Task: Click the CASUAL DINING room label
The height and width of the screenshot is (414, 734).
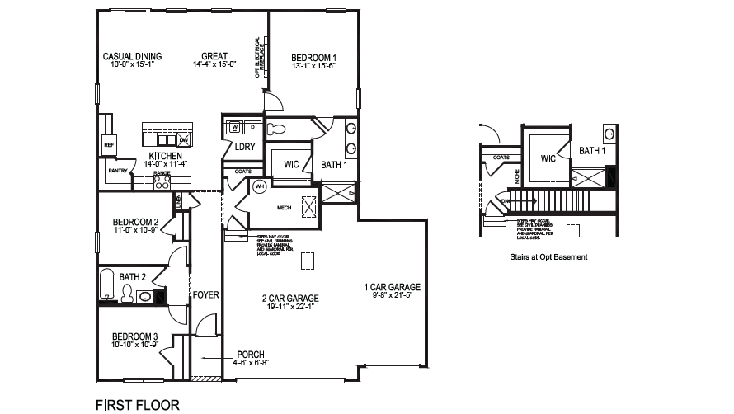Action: [x=132, y=56]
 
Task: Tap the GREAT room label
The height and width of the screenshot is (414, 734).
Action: [x=214, y=56]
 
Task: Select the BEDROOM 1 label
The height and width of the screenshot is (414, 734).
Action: [x=313, y=58]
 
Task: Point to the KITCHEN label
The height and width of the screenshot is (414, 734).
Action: [x=165, y=156]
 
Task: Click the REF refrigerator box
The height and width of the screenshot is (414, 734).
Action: [x=109, y=145]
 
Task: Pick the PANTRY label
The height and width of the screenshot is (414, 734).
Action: [x=116, y=171]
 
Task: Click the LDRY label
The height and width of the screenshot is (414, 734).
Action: [x=244, y=147]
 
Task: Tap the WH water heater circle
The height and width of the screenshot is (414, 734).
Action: [x=258, y=186]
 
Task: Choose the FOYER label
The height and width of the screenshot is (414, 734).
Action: [x=205, y=294]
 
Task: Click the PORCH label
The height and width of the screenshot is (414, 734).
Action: [x=251, y=354]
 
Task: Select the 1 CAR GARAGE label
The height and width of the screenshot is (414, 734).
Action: [x=393, y=287]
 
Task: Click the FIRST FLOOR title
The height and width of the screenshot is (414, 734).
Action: [x=137, y=405]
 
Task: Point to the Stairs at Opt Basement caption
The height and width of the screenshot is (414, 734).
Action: [x=548, y=257]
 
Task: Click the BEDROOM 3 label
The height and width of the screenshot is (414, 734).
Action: [x=135, y=336]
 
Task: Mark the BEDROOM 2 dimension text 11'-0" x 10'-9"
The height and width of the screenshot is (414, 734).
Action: [x=135, y=230]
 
